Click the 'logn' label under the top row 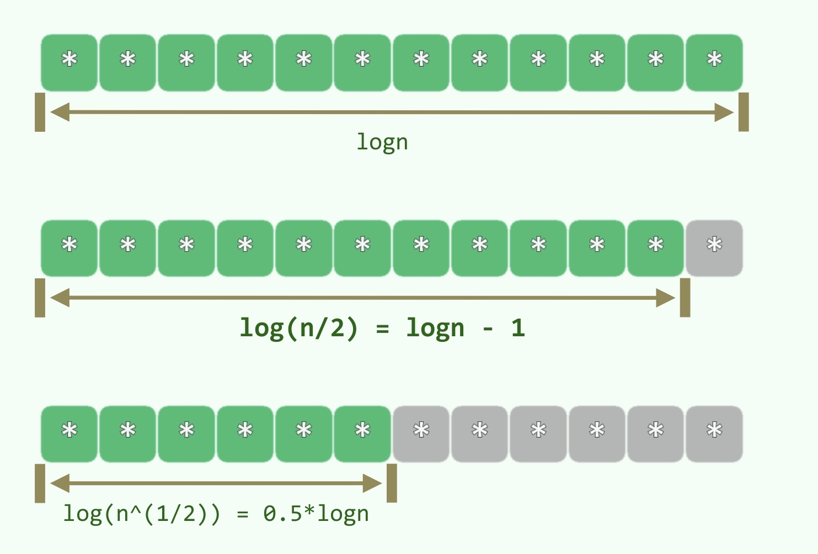click(x=382, y=143)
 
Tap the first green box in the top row click(x=69, y=62)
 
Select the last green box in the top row click(x=714, y=62)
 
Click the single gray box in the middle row click(x=714, y=248)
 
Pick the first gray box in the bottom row click(x=421, y=434)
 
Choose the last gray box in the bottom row click(x=714, y=434)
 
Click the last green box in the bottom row click(x=362, y=434)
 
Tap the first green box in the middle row click(x=69, y=248)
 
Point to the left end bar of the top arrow click(x=40, y=112)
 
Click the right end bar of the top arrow click(x=744, y=112)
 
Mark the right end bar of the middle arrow click(x=685, y=298)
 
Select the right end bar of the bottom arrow click(x=392, y=483)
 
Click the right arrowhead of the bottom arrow click(x=373, y=483)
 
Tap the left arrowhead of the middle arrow click(x=60, y=298)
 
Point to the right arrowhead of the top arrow click(x=724, y=112)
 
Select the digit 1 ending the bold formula click(x=517, y=329)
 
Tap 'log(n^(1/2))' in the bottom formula click(x=141, y=514)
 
